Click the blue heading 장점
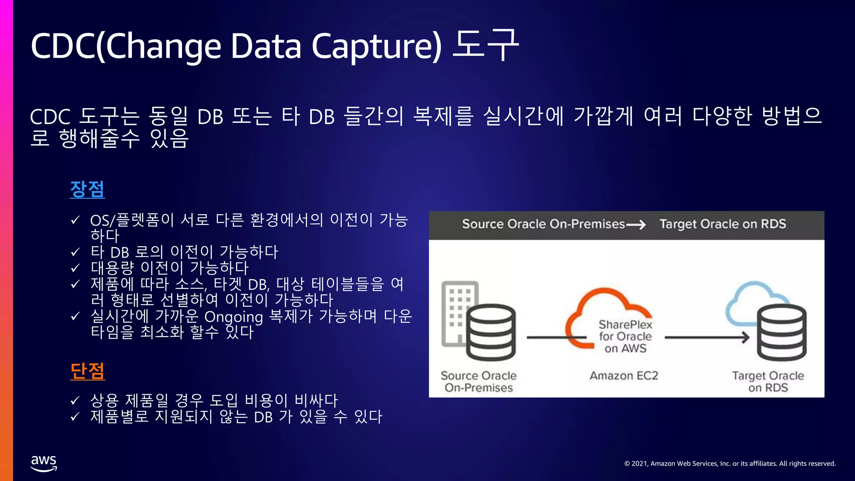click(x=87, y=189)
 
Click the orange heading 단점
click(x=87, y=371)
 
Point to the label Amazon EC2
click(x=624, y=376)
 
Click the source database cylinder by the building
click(x=491, y=332)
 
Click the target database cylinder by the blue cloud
click(x=782, y=332)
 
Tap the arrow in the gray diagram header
click(x=636, y=225)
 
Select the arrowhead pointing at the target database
click(x=746, y=337)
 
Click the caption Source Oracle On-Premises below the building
click(x=478, y=382)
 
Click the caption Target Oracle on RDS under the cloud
click(x=768, y=382)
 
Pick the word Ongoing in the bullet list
click(x=233, y=317)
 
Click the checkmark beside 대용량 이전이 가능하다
click(x=75, y=268)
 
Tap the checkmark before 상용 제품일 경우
click(x=75, y=401)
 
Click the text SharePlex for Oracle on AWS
click(x=625, y=337)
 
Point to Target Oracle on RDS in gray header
click(x=723, y=224)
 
